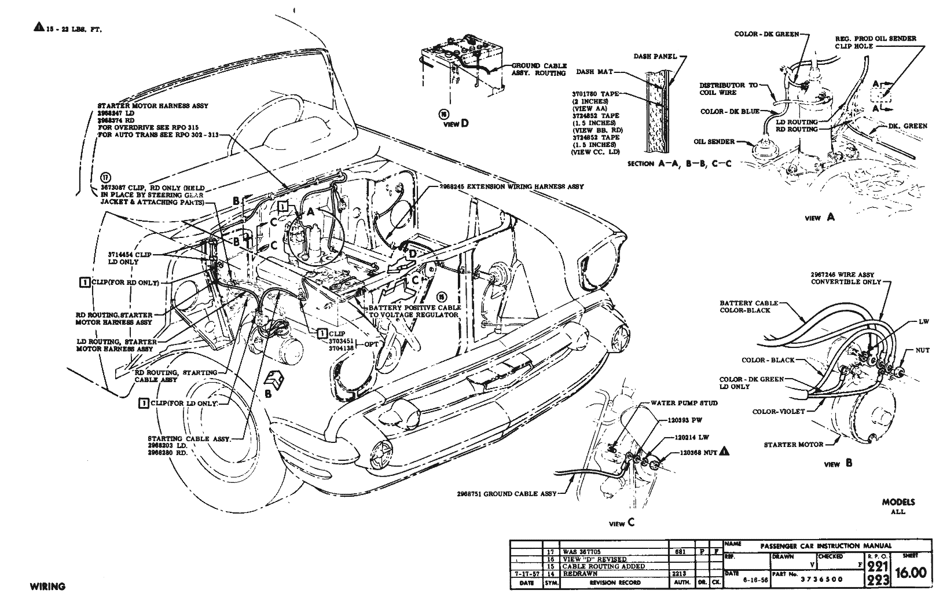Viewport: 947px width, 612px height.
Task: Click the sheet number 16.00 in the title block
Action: pyautogui.click(x=911, y=572)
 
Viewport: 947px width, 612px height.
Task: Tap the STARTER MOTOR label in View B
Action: pyautogui.click(x=794, y=445)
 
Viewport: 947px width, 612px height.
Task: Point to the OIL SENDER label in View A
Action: pyautogui.click(x=714, y=141)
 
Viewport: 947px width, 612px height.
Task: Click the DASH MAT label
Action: pyautogui.click(x=594, y=72)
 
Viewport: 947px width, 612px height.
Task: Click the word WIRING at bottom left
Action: pyautogui.click(x=47, y=587)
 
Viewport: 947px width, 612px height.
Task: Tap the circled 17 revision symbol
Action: pyautogui.click(x=105, y=177)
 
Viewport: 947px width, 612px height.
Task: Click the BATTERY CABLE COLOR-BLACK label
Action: pyautogui.click(x=746, y=306)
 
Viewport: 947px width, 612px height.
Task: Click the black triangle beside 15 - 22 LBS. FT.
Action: pyautogui.click(x=38, y=27)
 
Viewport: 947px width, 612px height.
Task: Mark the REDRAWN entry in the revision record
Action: pyautogui.click(x=579, y=573)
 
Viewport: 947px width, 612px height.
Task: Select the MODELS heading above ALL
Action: pyautogui.click(x=898, y=502)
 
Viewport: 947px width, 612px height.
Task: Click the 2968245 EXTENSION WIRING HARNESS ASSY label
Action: pyautogui.click(x=512, y=187)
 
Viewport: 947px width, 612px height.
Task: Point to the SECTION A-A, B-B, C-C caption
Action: pyautogui.click(x=679, y=164)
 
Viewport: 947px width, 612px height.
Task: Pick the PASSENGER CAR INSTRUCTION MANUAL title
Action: pyautogui.click(x=825, y=545)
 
